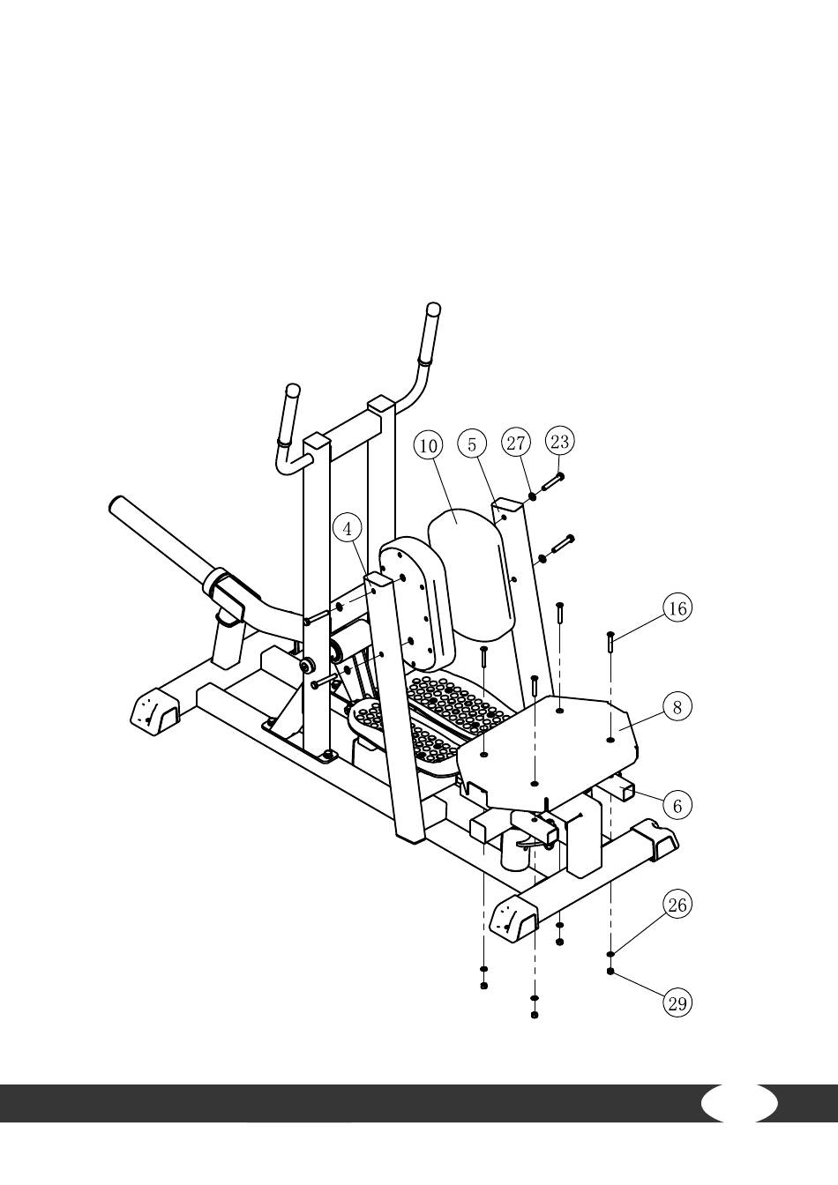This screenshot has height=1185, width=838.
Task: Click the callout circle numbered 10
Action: click(x=429, y=445)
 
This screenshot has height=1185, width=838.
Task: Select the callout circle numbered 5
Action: click(x=472, y=443)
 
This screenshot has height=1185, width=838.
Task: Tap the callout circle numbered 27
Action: click(x=516, y=443)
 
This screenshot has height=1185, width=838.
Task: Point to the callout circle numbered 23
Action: click(x=559, y=441)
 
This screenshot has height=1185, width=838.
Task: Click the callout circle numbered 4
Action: click(x=348, y=529)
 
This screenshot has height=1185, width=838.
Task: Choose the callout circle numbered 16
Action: click(x=677, y=609)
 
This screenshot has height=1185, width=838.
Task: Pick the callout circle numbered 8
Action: click(x=677, y=707)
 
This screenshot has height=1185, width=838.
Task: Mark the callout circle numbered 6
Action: click(x=677, y=805)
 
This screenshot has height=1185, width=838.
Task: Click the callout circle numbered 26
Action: click(x=677, y=906)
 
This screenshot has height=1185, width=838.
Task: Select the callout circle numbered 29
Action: click(x=677, y=1003)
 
